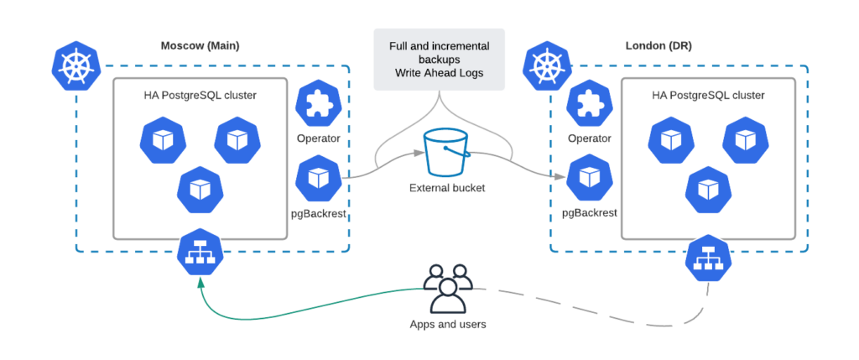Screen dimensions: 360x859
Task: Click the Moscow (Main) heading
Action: [200, 45]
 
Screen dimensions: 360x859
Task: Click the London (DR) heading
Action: [659, 45]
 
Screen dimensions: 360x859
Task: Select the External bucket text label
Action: [446, 188]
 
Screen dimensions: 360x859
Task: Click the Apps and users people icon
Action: [446, 288]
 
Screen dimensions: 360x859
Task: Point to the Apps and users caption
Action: [446, 324]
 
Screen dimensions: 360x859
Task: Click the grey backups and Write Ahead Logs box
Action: [440, 59]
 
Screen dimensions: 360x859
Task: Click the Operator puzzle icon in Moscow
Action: [318, 104]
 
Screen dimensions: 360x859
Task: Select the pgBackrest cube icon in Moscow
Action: [318, 178]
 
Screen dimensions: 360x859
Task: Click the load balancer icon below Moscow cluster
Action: [200, 254]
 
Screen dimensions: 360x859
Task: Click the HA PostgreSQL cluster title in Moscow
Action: [200, 95]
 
